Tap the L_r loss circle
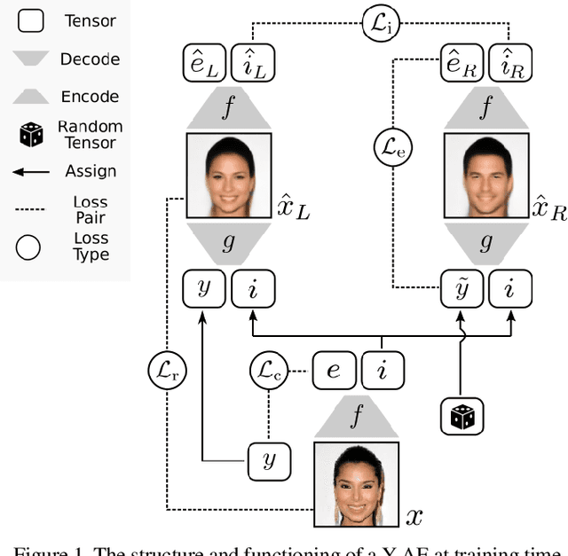pos(167,370)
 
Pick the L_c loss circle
pos(270,370)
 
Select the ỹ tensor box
pos(462,290)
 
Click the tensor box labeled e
pos(334,370)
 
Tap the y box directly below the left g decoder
pos(204,290)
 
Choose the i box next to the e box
pos(382,370)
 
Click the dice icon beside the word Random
pos(30,135)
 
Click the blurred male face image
pos(485,176)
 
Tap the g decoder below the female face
pos(229,242)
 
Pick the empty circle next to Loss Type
pos(29,247)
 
